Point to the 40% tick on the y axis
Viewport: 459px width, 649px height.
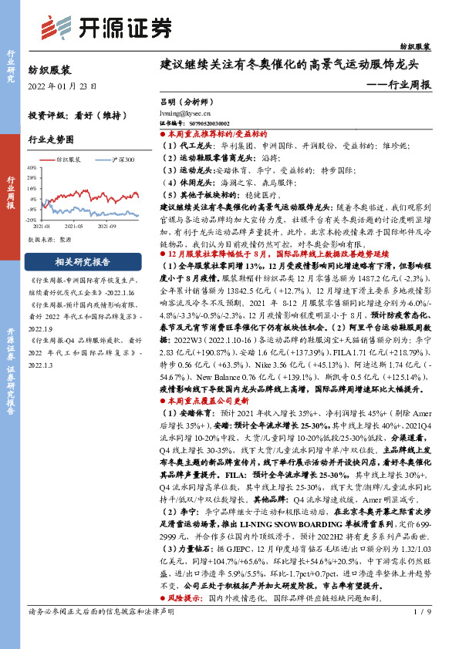33,167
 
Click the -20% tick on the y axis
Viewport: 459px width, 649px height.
32,220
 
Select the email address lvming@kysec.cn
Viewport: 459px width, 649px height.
186,112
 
